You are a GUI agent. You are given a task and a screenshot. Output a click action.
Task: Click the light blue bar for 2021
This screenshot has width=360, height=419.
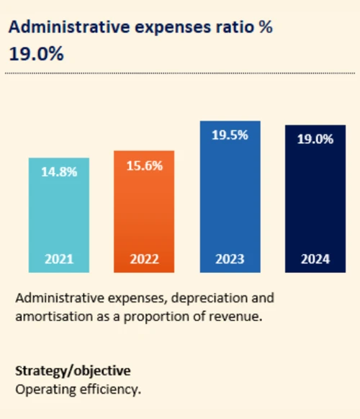pos(59,216)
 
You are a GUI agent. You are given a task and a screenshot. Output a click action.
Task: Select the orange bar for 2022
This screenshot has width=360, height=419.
pos(144,212)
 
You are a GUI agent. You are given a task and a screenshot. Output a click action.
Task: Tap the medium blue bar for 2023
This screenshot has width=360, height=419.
pos(230,198)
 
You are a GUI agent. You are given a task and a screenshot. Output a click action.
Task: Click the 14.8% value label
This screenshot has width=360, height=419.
pos(59,172)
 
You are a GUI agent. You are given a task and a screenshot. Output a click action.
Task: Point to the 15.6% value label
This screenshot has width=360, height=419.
pos(144,166)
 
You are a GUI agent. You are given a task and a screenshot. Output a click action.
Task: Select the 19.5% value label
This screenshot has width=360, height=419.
pos(230,135)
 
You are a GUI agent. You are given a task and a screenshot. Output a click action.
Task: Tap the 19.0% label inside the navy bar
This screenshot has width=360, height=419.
pos(315,139)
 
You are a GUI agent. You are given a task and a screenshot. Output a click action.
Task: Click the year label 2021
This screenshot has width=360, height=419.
pos(59,259)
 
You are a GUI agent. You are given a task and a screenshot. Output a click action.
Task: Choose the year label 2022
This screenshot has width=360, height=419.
pos(144,259)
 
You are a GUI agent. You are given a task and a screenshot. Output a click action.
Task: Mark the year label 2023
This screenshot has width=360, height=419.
pos(230,259)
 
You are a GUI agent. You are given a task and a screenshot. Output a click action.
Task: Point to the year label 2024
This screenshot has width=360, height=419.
pos(315,259)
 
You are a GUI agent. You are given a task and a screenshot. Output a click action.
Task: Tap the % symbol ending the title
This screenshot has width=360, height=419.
pos(266,27)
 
